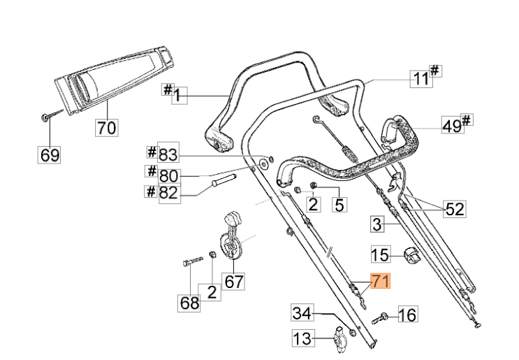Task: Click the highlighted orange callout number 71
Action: coord(381,281)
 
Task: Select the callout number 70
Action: coord(107,127)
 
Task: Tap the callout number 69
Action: coord(49,154)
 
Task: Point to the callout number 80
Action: coord(168,175)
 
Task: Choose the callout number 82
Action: coord(170,193)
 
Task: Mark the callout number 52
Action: coord(455,208)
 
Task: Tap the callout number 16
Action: coord(408,314)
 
